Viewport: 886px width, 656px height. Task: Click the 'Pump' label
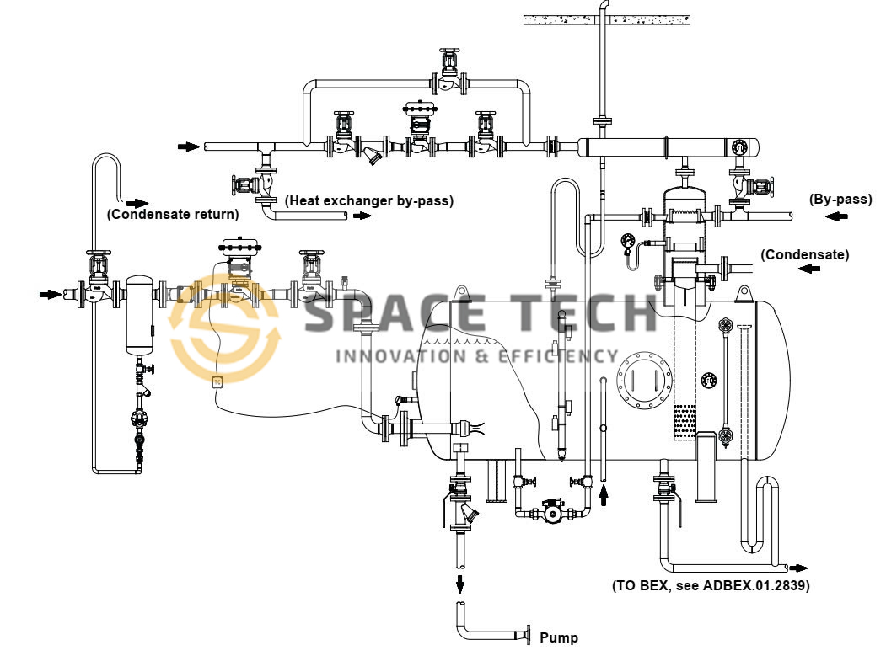coord(559,637)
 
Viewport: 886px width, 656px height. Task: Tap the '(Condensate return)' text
coord(173,215)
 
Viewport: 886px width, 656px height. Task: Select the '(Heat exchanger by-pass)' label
coord(369,201)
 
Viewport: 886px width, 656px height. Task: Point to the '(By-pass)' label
coord(840,200)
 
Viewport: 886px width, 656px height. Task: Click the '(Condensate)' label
coord(805,253)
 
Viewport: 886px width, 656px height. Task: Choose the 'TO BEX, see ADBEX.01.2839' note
coord(711,585)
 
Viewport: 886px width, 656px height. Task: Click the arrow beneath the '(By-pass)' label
coord(837,217)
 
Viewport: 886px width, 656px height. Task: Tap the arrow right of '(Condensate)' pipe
coord(809,269)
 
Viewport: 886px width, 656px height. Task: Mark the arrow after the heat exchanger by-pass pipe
coord(362,216)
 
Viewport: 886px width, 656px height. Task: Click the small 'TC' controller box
coord(217,381)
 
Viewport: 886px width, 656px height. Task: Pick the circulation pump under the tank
coord(552,510)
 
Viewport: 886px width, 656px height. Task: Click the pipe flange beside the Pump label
coord(528,632)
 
